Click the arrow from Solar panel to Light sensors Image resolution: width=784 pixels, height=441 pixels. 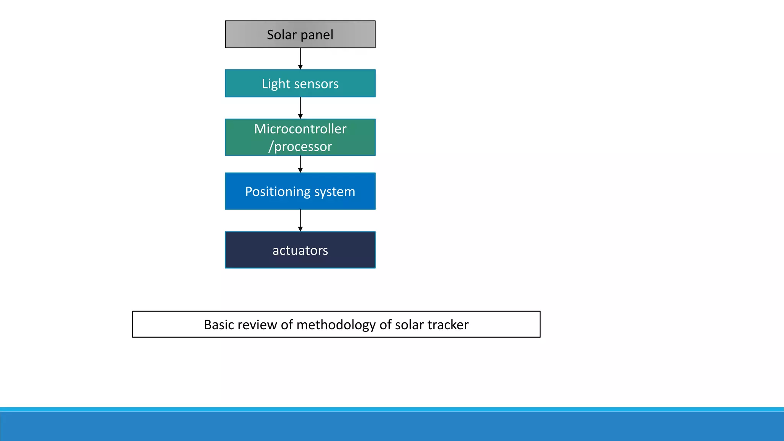coord(300,59)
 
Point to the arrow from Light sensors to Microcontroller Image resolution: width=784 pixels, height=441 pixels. coord(300,108)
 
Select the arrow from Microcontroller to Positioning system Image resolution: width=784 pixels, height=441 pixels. coord(300,164)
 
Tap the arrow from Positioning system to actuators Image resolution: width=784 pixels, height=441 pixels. coord(300,220)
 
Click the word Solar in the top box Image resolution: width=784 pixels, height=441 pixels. coord(281,35)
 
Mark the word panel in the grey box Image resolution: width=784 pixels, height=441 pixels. coord(317,35)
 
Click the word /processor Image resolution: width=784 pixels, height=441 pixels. coord(300,147)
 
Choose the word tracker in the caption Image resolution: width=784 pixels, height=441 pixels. coord(448,325)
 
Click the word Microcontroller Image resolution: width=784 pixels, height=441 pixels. coord(300,129)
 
